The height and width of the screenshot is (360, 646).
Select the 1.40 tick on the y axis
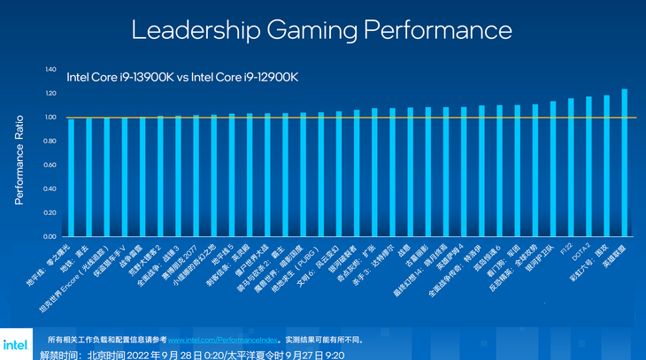point(50,69)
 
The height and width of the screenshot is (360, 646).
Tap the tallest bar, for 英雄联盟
point(625,163)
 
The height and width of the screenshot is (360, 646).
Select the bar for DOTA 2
point(588,167)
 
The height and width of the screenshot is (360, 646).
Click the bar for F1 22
point(571,168)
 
